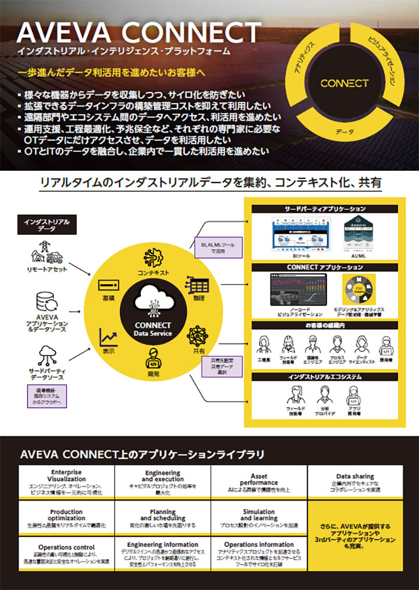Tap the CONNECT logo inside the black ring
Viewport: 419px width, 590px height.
tap(344, 83)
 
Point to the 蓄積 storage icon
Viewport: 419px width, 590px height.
tap(108, 285)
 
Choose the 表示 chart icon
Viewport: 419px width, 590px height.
tap(109, 337)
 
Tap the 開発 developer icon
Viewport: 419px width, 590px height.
tap(152, 359)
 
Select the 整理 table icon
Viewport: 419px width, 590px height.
tap(198, 284)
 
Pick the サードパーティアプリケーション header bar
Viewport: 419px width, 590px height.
tap(325, 209)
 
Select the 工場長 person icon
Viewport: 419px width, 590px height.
tap(264, 345)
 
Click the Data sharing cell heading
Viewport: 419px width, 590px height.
tap(355, 477)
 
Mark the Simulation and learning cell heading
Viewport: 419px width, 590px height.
tap(259, 514)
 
